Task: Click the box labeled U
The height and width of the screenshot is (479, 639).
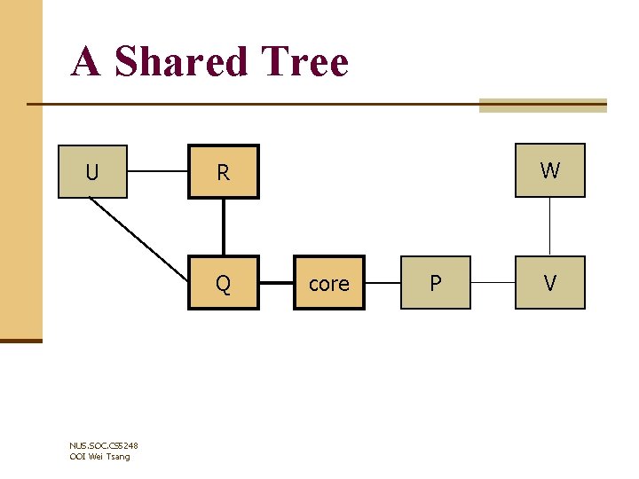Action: point(92,171)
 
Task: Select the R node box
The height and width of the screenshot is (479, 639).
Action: point(223,171)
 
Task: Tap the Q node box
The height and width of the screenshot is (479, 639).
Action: point(223,283)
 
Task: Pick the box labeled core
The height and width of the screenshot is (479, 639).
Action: point(329,283)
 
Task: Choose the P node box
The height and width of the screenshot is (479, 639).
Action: point(435,283)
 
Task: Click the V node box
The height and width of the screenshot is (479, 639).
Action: point(550,283)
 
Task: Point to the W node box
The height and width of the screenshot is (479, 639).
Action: point(550,169)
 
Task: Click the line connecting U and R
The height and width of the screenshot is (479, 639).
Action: point(157,171)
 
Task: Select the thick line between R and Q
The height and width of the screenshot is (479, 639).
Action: point(224,227)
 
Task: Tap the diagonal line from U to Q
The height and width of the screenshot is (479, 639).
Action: point(138,237)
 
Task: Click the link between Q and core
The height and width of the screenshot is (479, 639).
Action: point(276,284)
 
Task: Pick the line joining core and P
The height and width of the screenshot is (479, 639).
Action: point(383,284)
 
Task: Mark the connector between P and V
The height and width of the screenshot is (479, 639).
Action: point(493,284)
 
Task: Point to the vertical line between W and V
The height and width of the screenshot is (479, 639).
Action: point(550,226)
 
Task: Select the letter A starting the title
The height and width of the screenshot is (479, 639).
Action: point(86,62)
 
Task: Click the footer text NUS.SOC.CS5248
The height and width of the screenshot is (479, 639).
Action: point(103,446)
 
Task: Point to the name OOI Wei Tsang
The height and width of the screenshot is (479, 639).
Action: point(99,456)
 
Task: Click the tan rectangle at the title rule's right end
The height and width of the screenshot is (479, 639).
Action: point(542,106)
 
